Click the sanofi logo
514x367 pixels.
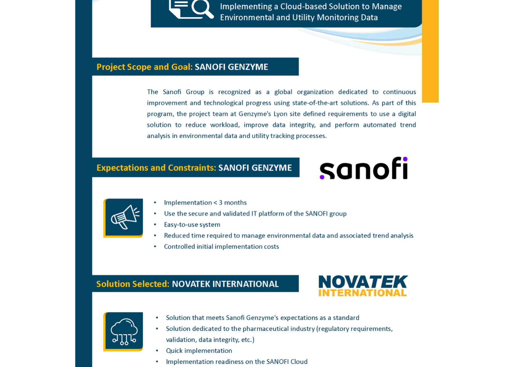coord(363,168)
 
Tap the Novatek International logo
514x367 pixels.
coord(363,286)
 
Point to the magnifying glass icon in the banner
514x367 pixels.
coord(202,9)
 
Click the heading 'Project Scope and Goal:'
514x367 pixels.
coord(144,67)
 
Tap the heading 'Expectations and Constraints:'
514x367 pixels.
coord(156,168)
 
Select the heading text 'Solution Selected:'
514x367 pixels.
coord(133,284)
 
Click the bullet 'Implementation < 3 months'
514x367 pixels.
coord(205,203)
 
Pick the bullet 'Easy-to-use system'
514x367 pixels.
coord(192,225)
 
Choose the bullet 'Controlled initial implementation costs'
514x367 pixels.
coord(221,246)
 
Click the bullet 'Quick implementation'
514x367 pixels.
coord(199,351)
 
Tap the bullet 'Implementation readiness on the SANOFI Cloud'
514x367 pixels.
coord(237,361)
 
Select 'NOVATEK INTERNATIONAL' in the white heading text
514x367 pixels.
coord(225,284)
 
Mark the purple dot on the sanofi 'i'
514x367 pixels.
coord(405,159)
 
